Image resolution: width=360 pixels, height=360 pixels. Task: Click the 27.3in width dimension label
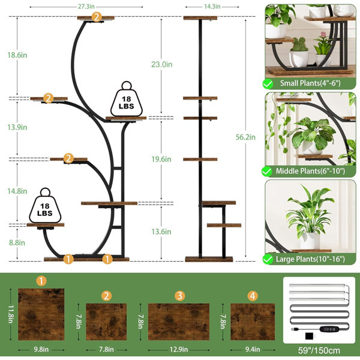pos(86,7)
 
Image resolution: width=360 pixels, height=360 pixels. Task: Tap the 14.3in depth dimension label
pos(212,7)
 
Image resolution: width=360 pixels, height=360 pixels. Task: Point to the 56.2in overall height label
pos(245,137)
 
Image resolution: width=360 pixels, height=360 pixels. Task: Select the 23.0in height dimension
pos(161,64)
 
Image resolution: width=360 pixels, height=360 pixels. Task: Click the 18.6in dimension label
pos(17,55)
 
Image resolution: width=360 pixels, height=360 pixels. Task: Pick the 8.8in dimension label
pos(17,242)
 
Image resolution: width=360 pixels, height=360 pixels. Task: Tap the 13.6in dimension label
pos(161,232)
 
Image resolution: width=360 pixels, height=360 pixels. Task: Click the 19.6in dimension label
pos(161,159)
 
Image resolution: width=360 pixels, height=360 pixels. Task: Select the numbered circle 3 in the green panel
pos(180,296)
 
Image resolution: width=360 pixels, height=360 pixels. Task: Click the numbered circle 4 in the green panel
pos(253,296)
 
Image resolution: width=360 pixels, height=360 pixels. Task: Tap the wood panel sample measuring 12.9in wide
pos(179,322)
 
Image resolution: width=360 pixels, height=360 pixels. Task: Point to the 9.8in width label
pos(41,349)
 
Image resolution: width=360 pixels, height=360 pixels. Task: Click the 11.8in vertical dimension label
pos(11,314)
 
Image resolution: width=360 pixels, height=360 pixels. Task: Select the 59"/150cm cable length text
pos(319,350)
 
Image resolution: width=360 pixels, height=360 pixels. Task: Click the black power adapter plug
pos(310,336)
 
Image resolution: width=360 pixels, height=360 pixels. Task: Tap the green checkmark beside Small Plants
pos(268,84)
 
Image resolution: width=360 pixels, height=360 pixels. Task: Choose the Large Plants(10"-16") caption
pos(310,259)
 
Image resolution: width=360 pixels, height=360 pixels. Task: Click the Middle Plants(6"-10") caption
pos(310,171)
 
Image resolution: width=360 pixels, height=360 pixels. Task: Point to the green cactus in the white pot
pos(299,44)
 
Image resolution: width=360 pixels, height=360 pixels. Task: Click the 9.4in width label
pos(253,349)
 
